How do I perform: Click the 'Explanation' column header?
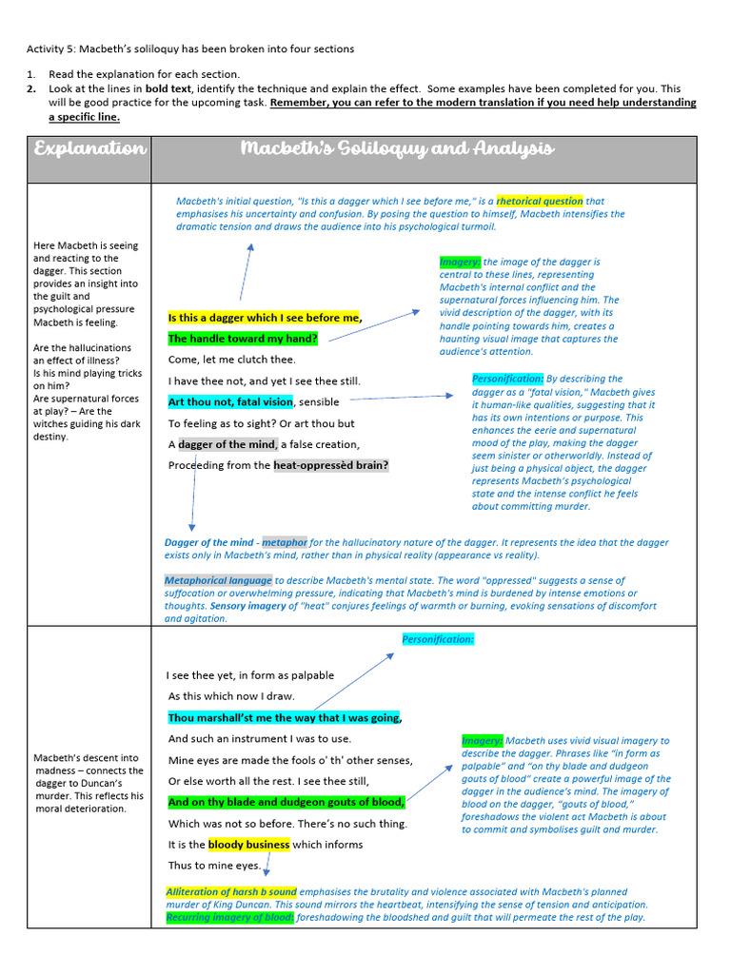coord(89,149)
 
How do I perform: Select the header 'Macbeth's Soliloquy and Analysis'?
coord(396,149)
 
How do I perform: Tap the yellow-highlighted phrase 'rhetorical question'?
coord(540,201)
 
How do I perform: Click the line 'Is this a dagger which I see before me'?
coord(264,318)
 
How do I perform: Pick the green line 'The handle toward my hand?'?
coord(243,339)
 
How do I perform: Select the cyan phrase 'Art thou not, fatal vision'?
coord(230,401)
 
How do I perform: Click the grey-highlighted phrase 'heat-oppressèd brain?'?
coord(330,466)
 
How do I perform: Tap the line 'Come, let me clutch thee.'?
coord(231,360)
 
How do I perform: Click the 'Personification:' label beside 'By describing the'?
coord(507,379)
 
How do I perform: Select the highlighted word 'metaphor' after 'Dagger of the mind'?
coord(286,542)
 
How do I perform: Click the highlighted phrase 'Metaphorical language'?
coord(218,580)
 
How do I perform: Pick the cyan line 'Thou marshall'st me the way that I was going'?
coord(284,718)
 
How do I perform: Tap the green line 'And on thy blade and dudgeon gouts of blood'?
coord(286,802)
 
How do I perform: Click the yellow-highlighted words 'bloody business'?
coord(248,844)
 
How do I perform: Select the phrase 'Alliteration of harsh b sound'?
coord(231,892)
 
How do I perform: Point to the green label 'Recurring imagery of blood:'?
coord(229,917)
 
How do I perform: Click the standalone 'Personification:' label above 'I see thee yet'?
coord(437,639)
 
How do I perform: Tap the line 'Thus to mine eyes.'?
coord(214,866)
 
